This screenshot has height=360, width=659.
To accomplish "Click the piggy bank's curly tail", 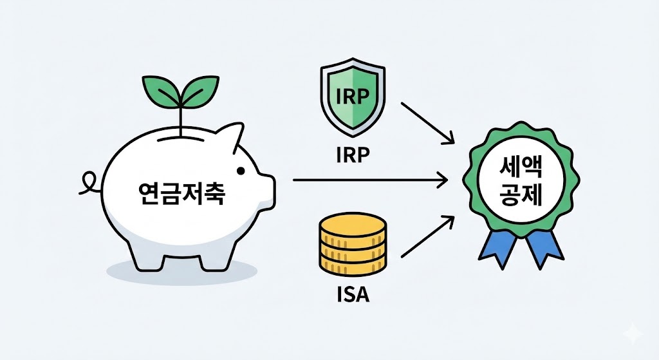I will pyautogui.click(x=88, y=183).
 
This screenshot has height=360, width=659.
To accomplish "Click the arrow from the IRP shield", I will pyautogui.click(x=428, y=120).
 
